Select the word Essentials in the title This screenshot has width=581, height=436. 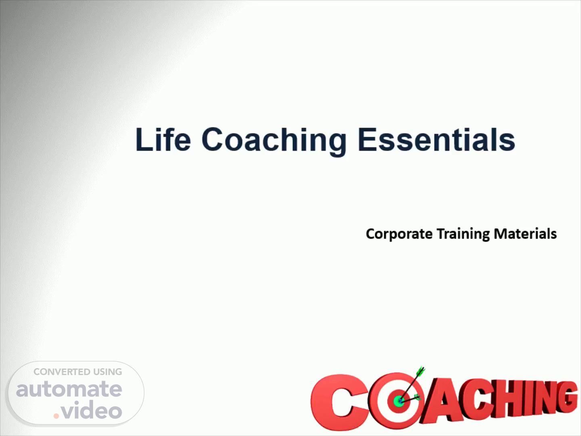coord(437,140)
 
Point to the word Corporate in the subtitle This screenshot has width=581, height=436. coord(399,234)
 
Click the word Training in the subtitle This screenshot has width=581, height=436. coord(463,234)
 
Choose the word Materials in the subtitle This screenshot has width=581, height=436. coord(525,234)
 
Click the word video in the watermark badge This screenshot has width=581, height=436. coord(92,409)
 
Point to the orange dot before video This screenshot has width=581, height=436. coord(56,416)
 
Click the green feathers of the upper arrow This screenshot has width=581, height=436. coord(421,371)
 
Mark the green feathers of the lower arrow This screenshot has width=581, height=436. coord(418,397)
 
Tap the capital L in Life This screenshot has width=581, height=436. coord(144,139)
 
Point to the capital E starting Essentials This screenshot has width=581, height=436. coord(367,139)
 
